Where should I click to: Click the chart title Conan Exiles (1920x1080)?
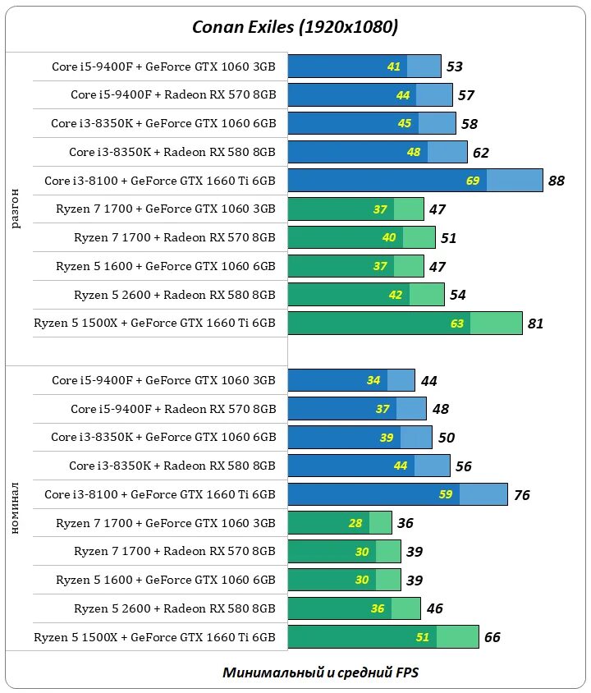(295, 27)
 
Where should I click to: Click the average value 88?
(557, 181)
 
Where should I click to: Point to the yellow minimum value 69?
(473, 181)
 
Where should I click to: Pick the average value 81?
(536, 324)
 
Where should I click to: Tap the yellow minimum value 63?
(457, 324)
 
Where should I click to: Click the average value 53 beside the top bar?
(455, 67)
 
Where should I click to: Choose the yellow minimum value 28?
(355, 523)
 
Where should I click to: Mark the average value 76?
(521, 495)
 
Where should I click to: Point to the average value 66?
(492, 637)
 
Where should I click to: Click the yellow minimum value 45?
(405, 124)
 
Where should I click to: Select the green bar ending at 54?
(366, 295)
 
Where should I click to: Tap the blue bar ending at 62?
(378, 152)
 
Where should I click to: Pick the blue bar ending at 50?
(360, 438)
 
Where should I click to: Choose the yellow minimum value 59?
(446, 495)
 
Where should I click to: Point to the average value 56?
(464, 466)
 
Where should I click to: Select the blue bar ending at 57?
(370, 95)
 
